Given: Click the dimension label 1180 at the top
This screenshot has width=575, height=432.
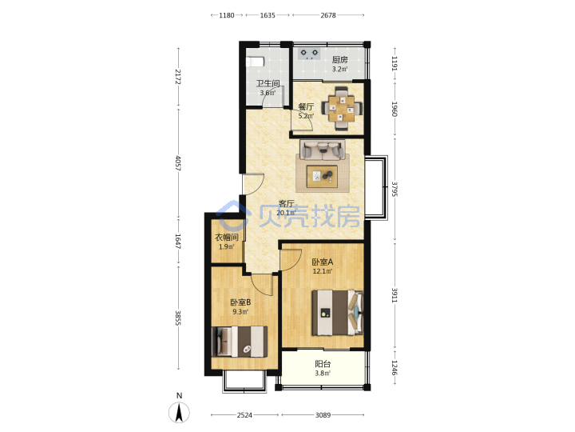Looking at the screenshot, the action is click(x=227, y=15).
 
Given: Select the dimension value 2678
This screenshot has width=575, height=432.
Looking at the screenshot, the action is click(x=328, y=15).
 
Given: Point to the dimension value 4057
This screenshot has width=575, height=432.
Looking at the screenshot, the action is click(x=178, y=163).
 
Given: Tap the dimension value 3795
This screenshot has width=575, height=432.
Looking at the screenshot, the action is click(x=395, y=189).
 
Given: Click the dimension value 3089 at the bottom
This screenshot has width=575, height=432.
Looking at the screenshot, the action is click(x=323, y=414).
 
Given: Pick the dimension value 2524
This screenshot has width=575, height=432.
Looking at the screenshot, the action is click(x=244, y=414).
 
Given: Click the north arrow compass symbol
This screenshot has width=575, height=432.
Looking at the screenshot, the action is click(x=179, y=412).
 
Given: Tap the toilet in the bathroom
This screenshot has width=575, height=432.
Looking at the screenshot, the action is click(x=255, y=62).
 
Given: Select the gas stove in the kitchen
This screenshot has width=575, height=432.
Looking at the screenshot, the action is click(x=309, y=54).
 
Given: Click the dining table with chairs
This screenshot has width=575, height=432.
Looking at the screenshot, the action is click(x=342, y=109).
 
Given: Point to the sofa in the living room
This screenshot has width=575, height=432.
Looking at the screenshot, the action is click(x=323, y=150).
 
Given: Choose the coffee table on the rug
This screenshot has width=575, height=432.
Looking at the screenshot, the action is click(x=323, y=176).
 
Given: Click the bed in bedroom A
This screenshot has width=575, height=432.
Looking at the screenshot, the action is click(x=337, y=313).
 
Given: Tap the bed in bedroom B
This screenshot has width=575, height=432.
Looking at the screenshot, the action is click(x=240, y=342).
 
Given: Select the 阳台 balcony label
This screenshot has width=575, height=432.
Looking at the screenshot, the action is click(x=323, y=364).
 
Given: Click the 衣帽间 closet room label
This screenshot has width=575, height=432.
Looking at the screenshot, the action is click(x=226, y=238).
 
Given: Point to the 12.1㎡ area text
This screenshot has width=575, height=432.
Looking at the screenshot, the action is click(x=323, y=271).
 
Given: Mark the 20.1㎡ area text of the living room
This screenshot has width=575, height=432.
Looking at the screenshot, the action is click(x=286, y=213).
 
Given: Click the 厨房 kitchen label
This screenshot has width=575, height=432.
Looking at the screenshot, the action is click(x=340, y=59).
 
